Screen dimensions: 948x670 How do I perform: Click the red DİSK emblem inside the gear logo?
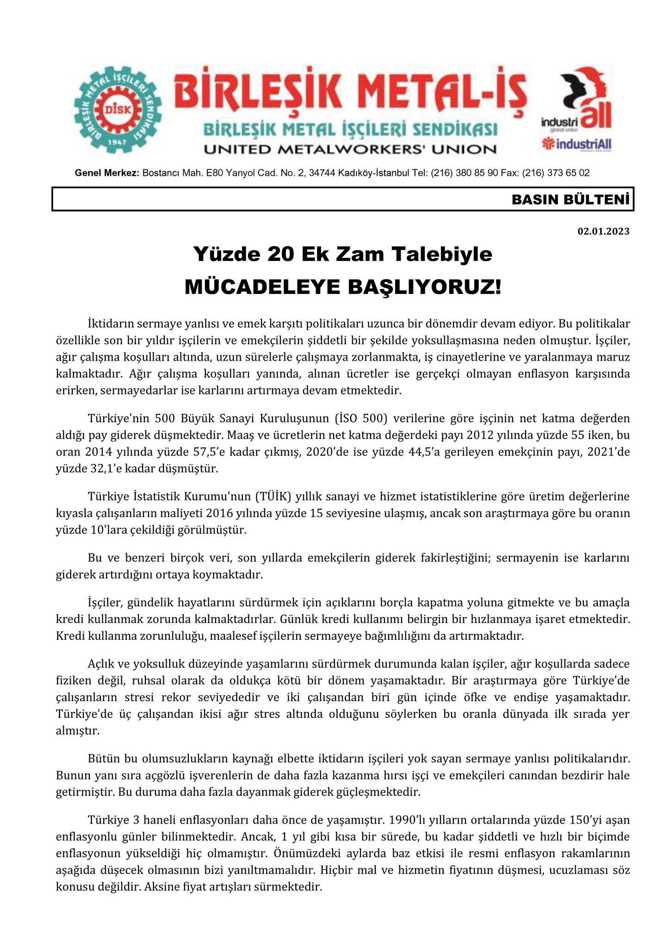[118, 110]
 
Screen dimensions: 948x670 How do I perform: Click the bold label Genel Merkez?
[107, 174]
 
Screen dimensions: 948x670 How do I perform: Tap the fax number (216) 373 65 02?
[556, 174]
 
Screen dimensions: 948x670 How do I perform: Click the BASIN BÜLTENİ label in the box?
[571, 200]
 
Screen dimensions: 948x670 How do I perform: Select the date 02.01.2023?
[603, 231]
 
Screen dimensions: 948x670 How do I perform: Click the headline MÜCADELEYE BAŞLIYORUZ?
[343, 287]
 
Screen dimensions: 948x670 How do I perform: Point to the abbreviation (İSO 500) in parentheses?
[360, 419]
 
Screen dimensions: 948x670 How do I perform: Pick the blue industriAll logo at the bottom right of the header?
[577, 145]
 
